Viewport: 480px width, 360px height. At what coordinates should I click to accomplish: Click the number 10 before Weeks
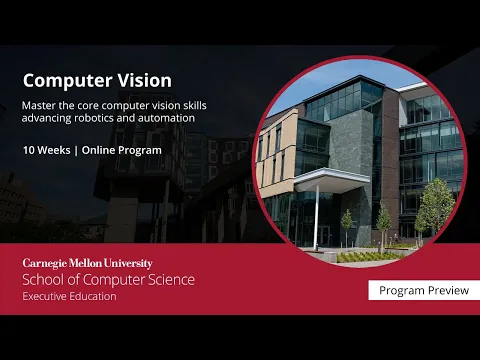[29, 149]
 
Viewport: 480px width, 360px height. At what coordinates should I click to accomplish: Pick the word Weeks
[59, 149]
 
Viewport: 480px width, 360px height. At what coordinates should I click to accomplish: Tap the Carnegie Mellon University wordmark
[87, 263]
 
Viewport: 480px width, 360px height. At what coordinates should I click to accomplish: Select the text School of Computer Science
[108, 279]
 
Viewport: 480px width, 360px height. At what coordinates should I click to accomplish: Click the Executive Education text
[69, 296]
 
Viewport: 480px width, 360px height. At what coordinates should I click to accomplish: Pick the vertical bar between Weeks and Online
[83, 149]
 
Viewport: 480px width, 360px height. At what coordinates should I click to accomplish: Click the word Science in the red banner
[169, 279]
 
